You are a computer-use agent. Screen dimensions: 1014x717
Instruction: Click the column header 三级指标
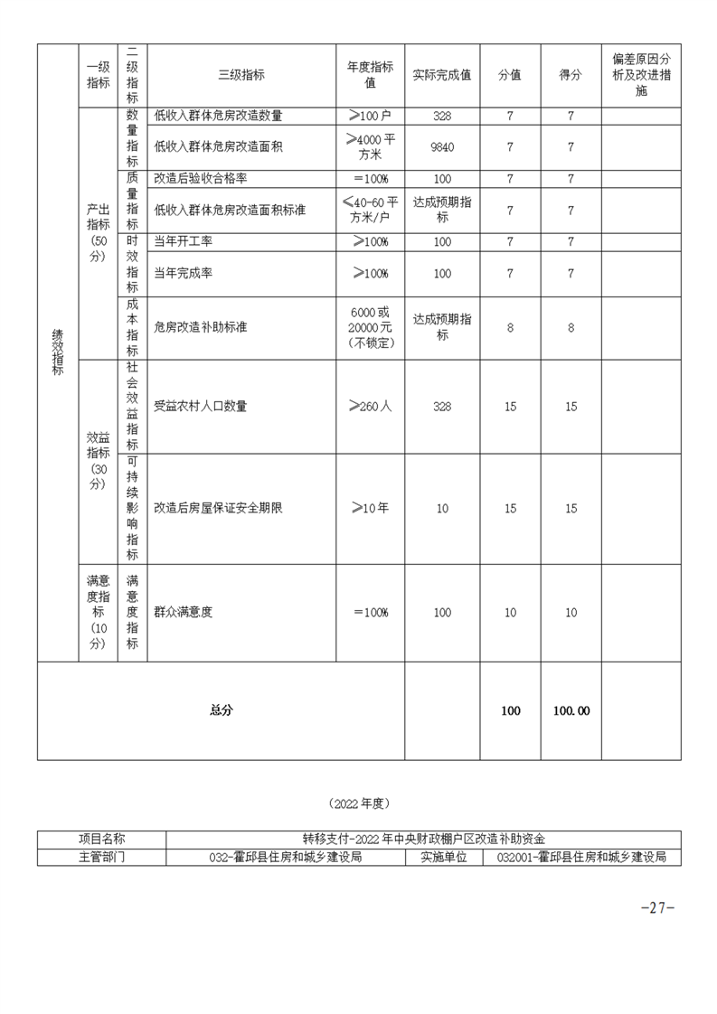[241, 76]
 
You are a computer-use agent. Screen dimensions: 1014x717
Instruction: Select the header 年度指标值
[370, 76]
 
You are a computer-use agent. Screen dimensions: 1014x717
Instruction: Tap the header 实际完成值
[441, 76]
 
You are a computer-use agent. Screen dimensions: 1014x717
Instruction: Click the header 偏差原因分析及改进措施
[641, 76]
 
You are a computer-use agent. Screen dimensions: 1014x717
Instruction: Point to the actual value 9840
[442, 146]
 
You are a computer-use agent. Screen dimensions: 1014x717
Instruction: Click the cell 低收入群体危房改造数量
[218, 116]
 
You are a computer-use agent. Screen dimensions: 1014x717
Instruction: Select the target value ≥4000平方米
[370, 146]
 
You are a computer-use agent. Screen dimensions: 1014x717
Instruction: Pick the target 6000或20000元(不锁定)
[370, 328]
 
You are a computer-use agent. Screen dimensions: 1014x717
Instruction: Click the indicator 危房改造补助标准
[201, 328]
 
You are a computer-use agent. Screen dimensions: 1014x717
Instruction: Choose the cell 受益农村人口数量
[201, 407]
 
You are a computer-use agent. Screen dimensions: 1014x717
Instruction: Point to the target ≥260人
[370, 407]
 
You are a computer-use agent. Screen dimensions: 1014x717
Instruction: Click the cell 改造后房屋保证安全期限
[218, 509]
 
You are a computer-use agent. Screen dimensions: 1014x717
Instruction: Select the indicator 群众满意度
[184, 613]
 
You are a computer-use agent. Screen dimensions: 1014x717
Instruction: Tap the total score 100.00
[571, 711]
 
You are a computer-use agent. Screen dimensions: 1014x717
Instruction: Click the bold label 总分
[221, 711]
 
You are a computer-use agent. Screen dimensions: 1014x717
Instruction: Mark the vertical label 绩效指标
[57, 352]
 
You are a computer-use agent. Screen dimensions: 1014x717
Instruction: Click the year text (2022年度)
[359, 803]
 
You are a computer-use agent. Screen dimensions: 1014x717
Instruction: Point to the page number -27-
[657, 908]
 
